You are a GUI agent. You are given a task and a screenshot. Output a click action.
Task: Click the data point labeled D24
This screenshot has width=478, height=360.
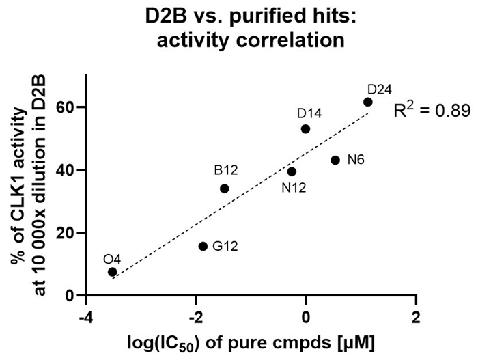point(367,102)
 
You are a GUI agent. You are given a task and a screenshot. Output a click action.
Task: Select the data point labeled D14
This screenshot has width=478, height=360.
point(305,128)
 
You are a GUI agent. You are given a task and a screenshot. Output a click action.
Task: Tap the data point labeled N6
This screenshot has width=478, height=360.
point(335,160)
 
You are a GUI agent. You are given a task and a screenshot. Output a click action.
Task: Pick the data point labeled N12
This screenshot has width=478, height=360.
point(292,171)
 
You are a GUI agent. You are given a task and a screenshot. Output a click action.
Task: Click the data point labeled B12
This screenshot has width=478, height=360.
point(224,189)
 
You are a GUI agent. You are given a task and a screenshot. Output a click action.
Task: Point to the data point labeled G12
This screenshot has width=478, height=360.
point(203,246)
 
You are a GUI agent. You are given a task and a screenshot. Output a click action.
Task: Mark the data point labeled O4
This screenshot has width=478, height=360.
point(112,272)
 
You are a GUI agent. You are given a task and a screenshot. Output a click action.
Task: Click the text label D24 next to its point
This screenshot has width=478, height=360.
point(379,89)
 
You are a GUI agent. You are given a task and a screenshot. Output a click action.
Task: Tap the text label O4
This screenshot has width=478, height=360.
point(112,259)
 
